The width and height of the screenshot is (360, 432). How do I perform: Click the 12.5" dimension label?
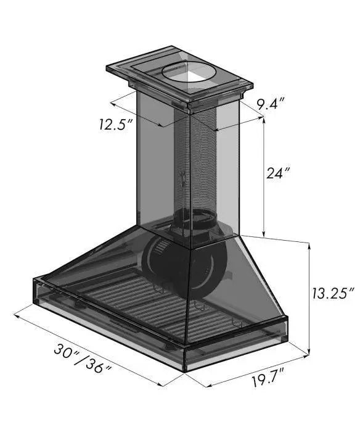pyautogui.click(x=116, y=123)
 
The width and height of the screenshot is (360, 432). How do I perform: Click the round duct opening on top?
pyautogui.click(x=189, y=75)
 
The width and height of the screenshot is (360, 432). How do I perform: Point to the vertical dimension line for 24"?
pyautogui.click(x=264, y=179)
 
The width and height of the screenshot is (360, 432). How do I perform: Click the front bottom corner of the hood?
pyautogui.click(x=185, y=367)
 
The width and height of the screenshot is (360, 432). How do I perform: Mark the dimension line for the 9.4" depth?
pyautogui.click(x=237, y=121)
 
